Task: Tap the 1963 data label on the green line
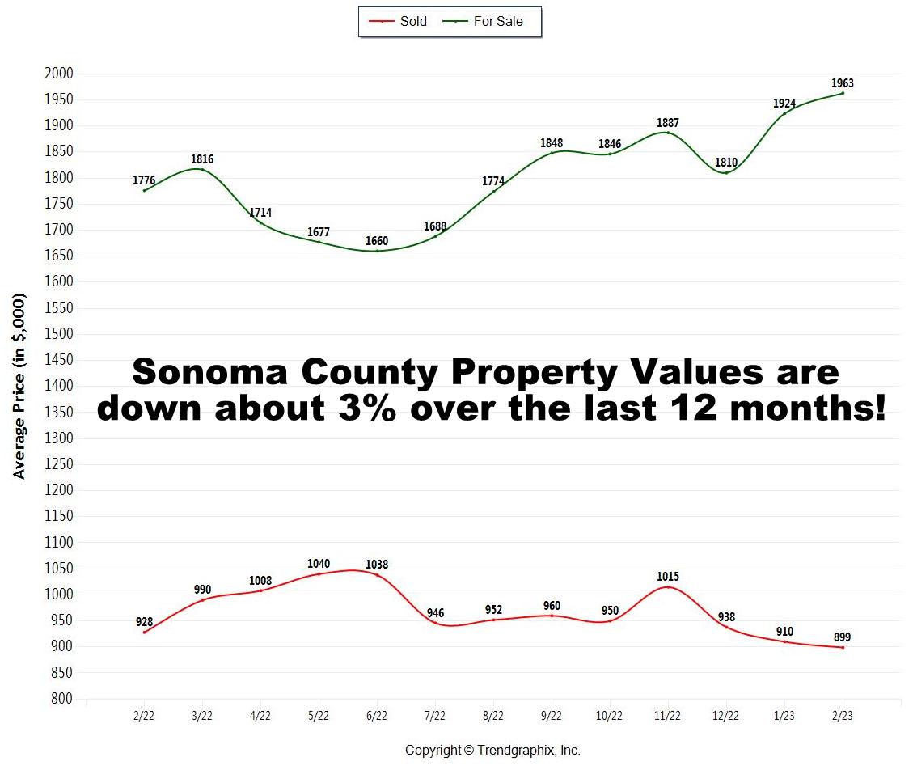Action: click(842, 83)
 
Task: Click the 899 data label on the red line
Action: click(842, 637)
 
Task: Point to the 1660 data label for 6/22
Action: click(377, 241)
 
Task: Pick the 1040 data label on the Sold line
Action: click(319, 564)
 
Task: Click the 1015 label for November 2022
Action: click(668, 577)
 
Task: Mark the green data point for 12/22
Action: click(726, 172)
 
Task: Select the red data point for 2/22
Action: click(144, 632)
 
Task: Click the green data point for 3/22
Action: click(202, 169)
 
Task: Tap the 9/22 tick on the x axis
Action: click(552, 717)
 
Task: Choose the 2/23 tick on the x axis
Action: click(843, 717)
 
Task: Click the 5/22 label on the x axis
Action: click(319, 717)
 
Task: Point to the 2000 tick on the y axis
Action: click(58, 74)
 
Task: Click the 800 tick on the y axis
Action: click(61, 699)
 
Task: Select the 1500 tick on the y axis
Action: click(58, 334)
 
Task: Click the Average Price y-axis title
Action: click(19, 387)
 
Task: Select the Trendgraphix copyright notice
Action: click(492, 750)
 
